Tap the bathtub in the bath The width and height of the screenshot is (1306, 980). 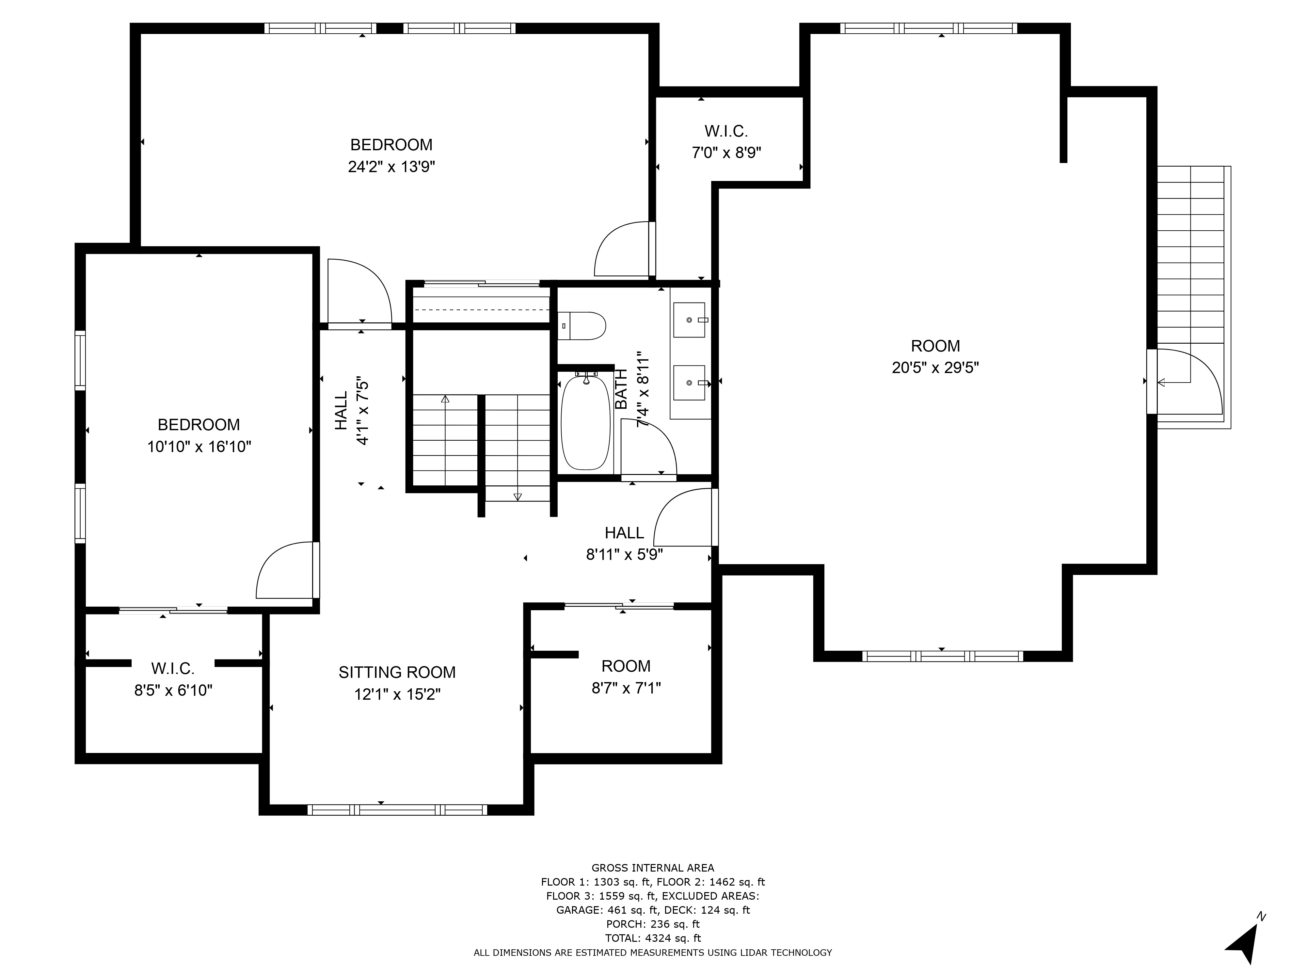[586, 421]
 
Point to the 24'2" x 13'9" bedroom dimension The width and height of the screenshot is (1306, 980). [391, 167]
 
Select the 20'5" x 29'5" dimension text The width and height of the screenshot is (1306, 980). [935, 367]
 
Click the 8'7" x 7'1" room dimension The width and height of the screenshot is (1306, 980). [627, 688]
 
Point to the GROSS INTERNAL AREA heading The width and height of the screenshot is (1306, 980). [653, 868]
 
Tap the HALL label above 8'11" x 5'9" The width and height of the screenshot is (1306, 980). [625, 533]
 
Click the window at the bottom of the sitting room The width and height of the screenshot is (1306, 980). [397, 810]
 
